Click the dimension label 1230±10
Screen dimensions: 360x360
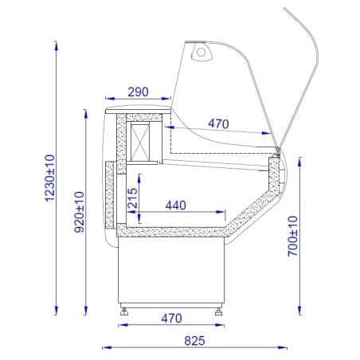tap(50, 178)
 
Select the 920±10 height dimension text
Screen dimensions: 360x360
tap(79, 212)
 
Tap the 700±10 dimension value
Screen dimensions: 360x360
tap(293, 237)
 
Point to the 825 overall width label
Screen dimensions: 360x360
tap(194, 341)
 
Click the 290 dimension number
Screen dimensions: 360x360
tap(138, 92)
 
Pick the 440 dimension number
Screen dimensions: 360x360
tap(176, 205)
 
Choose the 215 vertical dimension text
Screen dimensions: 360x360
tap(132, 198)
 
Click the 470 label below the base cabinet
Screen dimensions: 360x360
tap(171, 318)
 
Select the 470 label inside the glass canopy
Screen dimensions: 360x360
tap(218, 123)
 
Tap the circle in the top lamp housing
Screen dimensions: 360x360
tap(201, 53)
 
